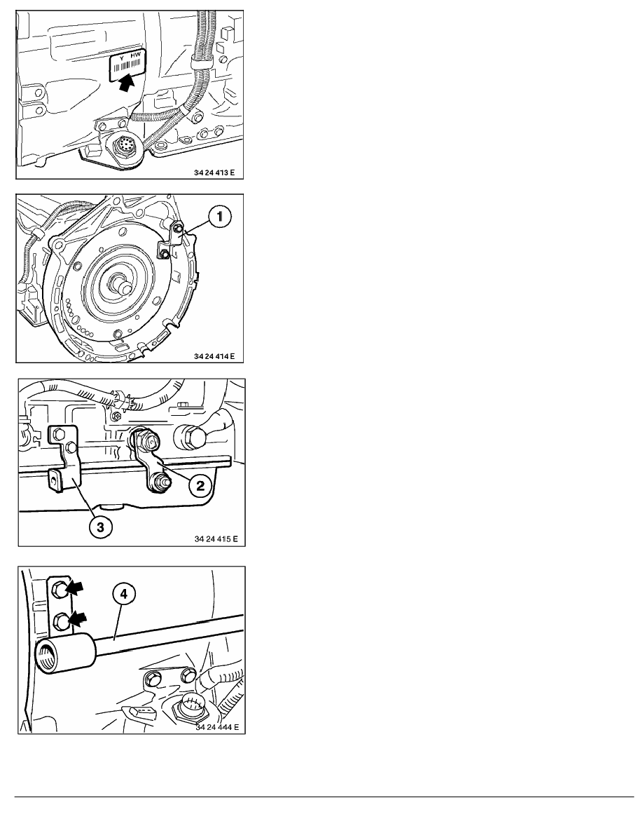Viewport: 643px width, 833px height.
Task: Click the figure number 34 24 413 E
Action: pos(214,172)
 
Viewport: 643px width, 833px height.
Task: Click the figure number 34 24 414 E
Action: pos(214,356)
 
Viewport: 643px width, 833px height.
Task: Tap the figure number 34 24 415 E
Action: pos(216,539)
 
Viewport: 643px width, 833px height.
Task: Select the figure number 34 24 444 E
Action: pos(217,726)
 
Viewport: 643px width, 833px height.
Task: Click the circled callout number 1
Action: pos(219,216)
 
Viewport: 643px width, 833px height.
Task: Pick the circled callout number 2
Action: pos(200,485)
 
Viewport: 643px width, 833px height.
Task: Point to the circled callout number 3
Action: pos(100,527)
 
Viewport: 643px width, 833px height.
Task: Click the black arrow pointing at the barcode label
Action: pos(126,82)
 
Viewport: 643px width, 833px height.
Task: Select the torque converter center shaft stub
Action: pos(123,286)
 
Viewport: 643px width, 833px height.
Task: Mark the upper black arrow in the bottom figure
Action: pos(76,588)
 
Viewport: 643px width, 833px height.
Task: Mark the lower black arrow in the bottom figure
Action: pos(76,618)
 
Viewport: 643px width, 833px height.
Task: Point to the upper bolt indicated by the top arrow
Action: pos(60,589)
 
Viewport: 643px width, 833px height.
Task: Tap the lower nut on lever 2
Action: pos(158,482)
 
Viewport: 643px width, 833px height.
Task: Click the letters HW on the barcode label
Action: pos(136,56)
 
